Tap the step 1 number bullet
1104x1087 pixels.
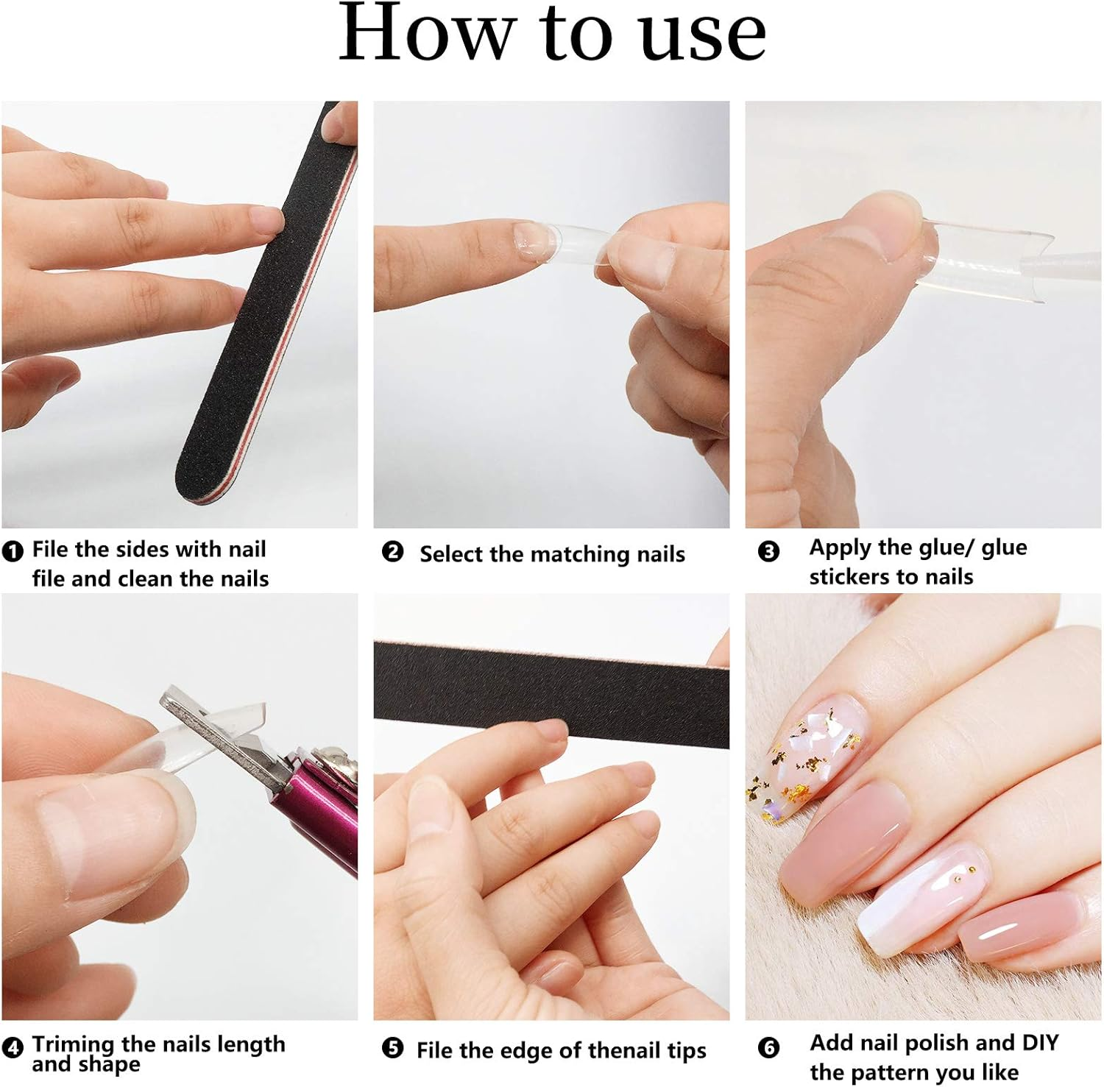[x=13, y=550]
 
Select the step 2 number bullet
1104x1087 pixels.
[x=393, y=551]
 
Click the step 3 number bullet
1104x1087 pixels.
[x=768, y=551]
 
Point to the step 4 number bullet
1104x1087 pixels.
[x=13, y=1047]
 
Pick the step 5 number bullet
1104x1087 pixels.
[x=393, y=1047]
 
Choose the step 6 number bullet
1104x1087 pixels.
[x=768, y=1047]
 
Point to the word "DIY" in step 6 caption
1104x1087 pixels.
[x=1040, y=1042]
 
